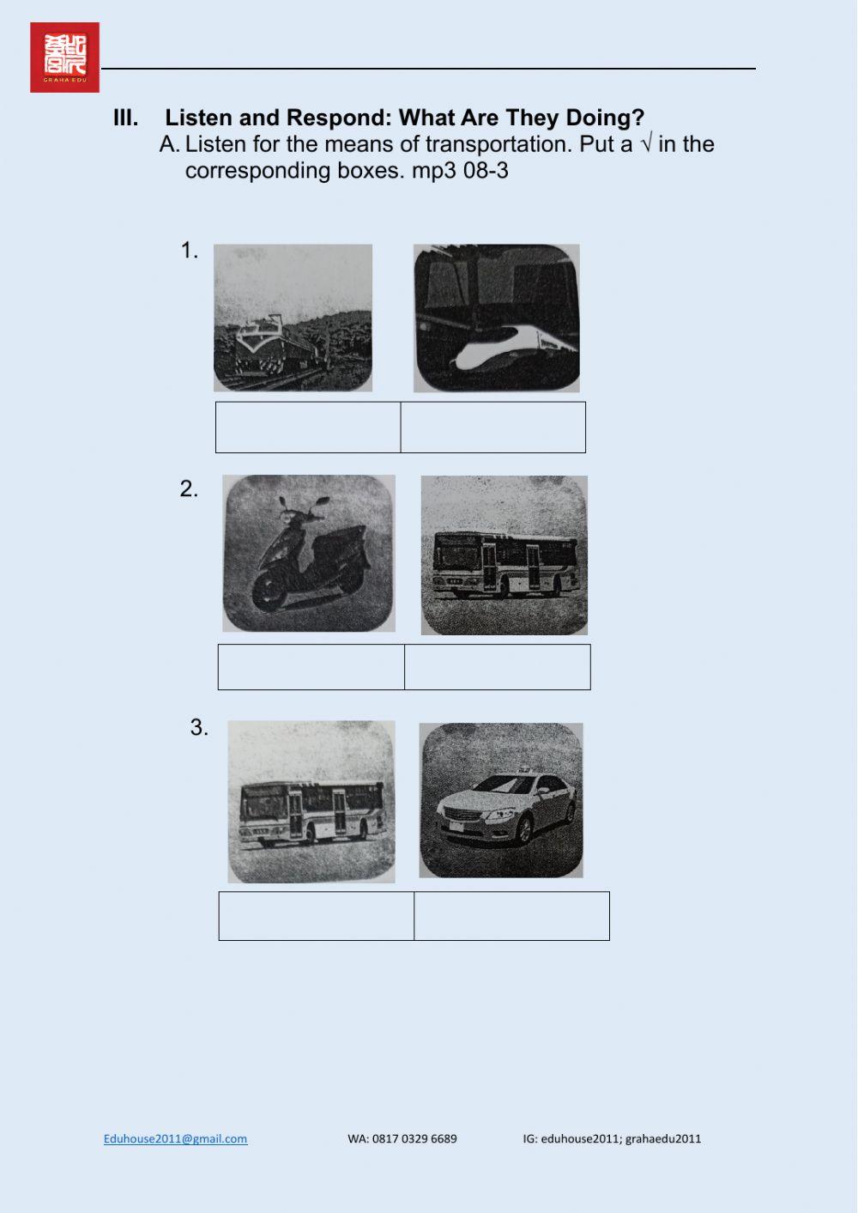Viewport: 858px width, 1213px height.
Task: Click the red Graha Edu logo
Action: tap(64, 58)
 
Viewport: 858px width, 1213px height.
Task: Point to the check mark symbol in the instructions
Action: tap(645, 144)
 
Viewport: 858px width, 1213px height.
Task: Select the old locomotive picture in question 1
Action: tap(293, 318)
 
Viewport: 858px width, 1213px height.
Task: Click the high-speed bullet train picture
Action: tap(496, 318)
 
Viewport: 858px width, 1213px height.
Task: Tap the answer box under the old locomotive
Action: tap(308, 427)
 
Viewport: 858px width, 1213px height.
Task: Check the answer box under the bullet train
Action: tap(493, 427)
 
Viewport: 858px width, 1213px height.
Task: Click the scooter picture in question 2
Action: tap(309, 554)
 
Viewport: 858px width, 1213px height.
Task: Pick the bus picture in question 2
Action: tap(505, 555)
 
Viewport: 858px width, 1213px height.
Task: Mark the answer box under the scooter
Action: tap(311, 667)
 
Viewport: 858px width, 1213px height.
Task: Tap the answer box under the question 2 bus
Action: tap(498, 667)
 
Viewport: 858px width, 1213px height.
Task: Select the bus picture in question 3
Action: tap(311, 802)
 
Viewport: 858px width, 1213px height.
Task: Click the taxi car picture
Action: tap(501, 800)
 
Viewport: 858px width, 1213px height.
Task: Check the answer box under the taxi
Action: tap(511, 916)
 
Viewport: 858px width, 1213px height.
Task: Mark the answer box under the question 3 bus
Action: tap(317, 916)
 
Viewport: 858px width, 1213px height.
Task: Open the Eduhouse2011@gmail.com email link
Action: tap(175, 1138)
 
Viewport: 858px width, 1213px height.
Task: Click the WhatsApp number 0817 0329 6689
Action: tap(402, 1138)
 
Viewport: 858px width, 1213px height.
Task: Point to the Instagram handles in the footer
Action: tap(612, 1138)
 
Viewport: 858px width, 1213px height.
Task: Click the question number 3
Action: tap(199, 728)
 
